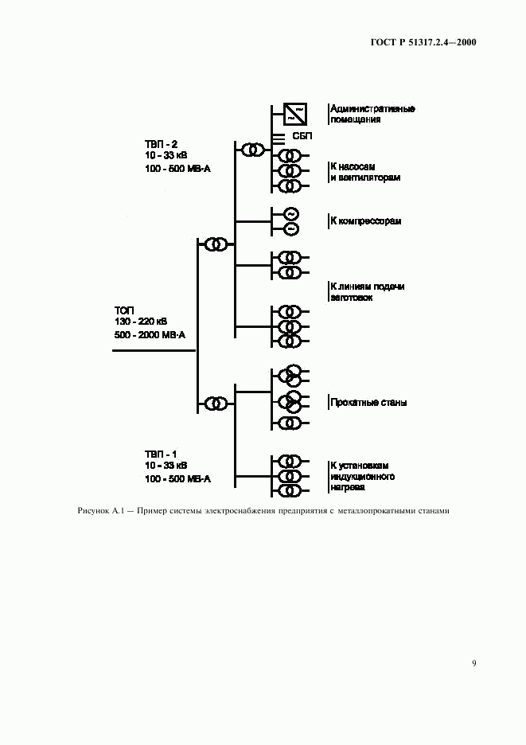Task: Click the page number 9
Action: [473, 663]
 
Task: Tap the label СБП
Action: [303, 137]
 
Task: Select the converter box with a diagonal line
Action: [292, 114]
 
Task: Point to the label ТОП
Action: [125, 310]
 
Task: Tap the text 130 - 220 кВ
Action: [141, 322]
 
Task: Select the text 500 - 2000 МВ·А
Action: [150, 335]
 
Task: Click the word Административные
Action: [372, 109]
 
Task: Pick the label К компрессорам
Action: [365, 221]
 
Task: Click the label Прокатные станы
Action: [368, 403]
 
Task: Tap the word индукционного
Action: [362, 478]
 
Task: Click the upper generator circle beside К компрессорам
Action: [290, 214]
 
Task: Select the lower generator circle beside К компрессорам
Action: [290, 229]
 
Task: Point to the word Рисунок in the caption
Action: [94, 511]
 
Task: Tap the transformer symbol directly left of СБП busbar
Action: [252, 150]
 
